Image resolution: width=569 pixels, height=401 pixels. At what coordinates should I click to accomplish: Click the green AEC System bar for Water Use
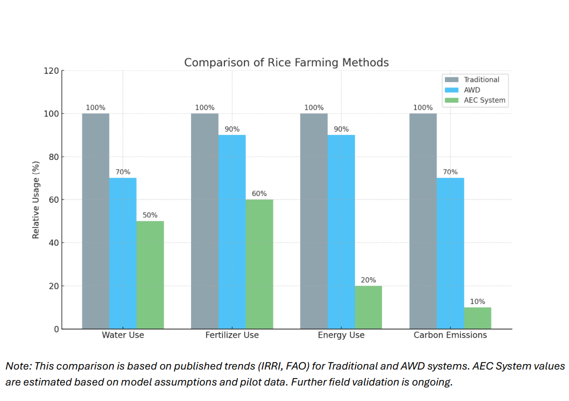[150, 275]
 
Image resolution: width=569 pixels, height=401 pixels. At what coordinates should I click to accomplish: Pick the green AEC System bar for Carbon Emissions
[477, 318]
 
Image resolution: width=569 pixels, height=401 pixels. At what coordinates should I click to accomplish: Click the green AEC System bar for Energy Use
[368, 307]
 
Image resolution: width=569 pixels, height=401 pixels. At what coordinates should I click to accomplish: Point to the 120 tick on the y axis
[52, 71]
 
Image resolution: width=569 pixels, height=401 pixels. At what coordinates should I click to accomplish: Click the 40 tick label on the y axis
[54, 243]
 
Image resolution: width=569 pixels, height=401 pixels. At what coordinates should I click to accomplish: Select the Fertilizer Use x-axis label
[232, 335]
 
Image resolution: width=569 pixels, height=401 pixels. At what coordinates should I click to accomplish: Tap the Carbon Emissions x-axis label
[450, 335]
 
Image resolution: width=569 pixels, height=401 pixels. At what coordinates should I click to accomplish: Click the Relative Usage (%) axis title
[36, 200]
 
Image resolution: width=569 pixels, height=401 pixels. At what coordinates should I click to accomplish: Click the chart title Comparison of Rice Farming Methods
[286, 63]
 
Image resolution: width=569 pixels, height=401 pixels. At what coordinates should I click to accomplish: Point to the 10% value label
[477, 302]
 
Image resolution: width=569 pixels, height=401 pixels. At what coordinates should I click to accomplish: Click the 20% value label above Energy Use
[368, 280]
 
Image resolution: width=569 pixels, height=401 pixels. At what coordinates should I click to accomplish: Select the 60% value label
[259, 194]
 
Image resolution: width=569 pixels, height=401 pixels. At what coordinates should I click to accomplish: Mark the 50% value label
[150, 215]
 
